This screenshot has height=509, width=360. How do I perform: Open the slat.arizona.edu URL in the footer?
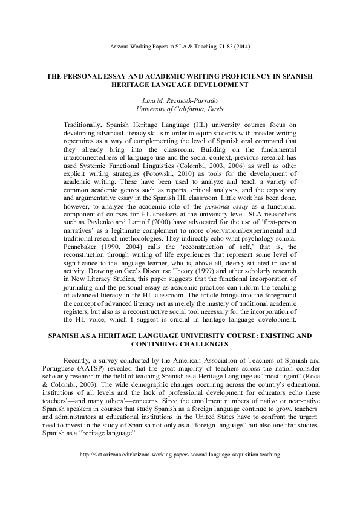pos(180,470)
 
